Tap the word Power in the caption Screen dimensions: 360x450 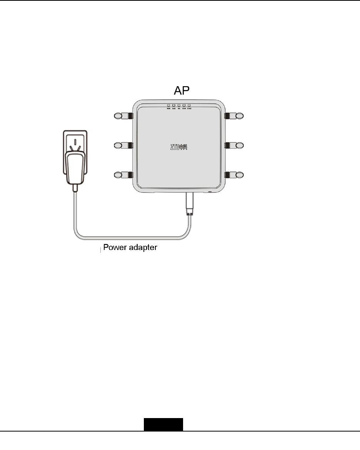coord(117,247)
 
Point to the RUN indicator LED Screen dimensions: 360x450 coord(168,105)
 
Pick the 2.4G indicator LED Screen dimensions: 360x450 coord(174,105)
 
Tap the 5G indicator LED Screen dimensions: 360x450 coord(179,105)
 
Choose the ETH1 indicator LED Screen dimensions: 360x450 coord(184,105)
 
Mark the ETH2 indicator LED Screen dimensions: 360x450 coord(189,105)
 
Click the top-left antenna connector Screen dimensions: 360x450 coord(124,115)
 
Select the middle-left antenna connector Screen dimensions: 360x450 coord(124,145)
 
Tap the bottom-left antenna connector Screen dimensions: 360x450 coord(124,175)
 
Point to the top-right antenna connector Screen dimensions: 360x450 coord(234,115)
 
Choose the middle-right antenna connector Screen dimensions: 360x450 coord(234,145)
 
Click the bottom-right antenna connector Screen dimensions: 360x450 coord(234,175)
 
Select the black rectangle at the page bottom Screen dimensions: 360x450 coord(163,425)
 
